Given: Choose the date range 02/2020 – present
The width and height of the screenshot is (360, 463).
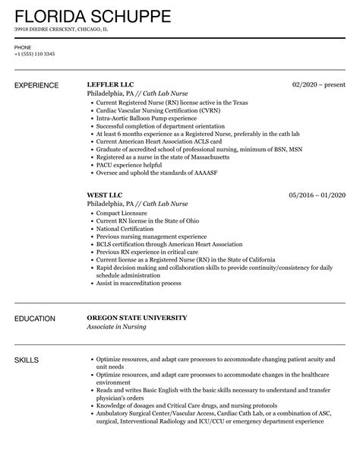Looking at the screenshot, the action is coord(318,84).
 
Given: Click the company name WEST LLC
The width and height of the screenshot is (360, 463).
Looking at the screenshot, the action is coord(105,194).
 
